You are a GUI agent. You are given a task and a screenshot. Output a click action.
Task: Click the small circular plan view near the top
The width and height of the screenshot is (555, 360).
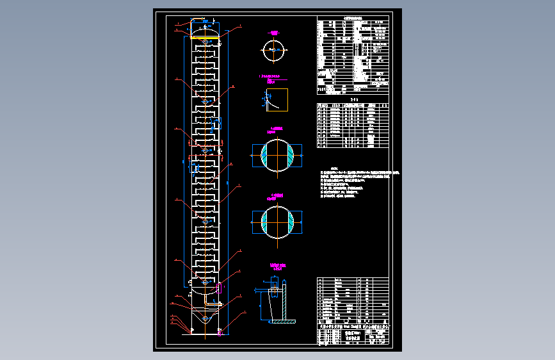[x=274, y=50]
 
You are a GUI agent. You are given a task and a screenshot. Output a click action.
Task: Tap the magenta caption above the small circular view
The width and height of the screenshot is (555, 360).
[x=274, y=32]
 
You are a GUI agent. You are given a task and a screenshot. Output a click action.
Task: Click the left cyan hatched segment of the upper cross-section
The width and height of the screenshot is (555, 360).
[x=264, y=154]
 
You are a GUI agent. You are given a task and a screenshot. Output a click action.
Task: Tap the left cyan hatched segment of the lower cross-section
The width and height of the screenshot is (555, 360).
[x=264, y=221]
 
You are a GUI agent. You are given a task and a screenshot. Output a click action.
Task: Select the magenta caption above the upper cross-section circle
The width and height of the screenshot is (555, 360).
[x=277, y=129]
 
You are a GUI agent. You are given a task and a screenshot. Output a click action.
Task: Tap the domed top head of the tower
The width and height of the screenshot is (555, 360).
[x=204, y=29]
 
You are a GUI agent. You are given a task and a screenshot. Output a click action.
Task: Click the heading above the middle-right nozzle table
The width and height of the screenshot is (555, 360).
[x=353, y=101]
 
